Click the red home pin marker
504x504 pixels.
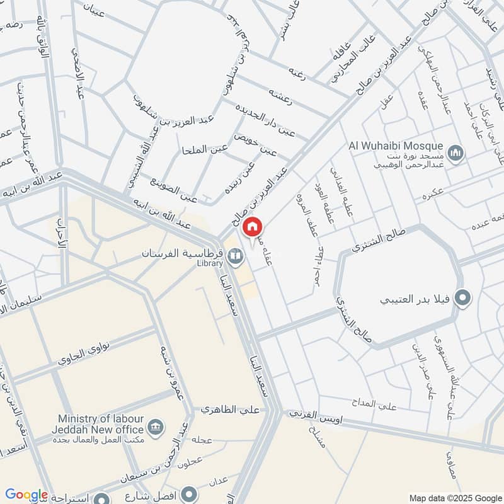coord(252,227)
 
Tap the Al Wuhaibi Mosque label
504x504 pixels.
coord(396,146)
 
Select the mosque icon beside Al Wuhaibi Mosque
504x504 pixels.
coord(456,152)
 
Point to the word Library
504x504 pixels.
coord(210,263)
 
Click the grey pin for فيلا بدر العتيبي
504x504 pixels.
coord(463,298)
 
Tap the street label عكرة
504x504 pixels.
coord(435,193)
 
